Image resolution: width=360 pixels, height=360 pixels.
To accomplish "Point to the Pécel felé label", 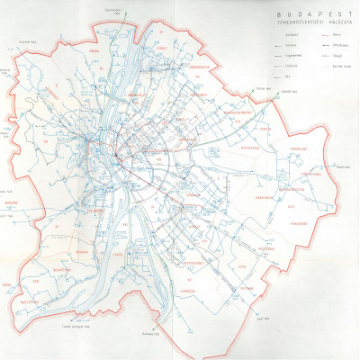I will tap(343, 166).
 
